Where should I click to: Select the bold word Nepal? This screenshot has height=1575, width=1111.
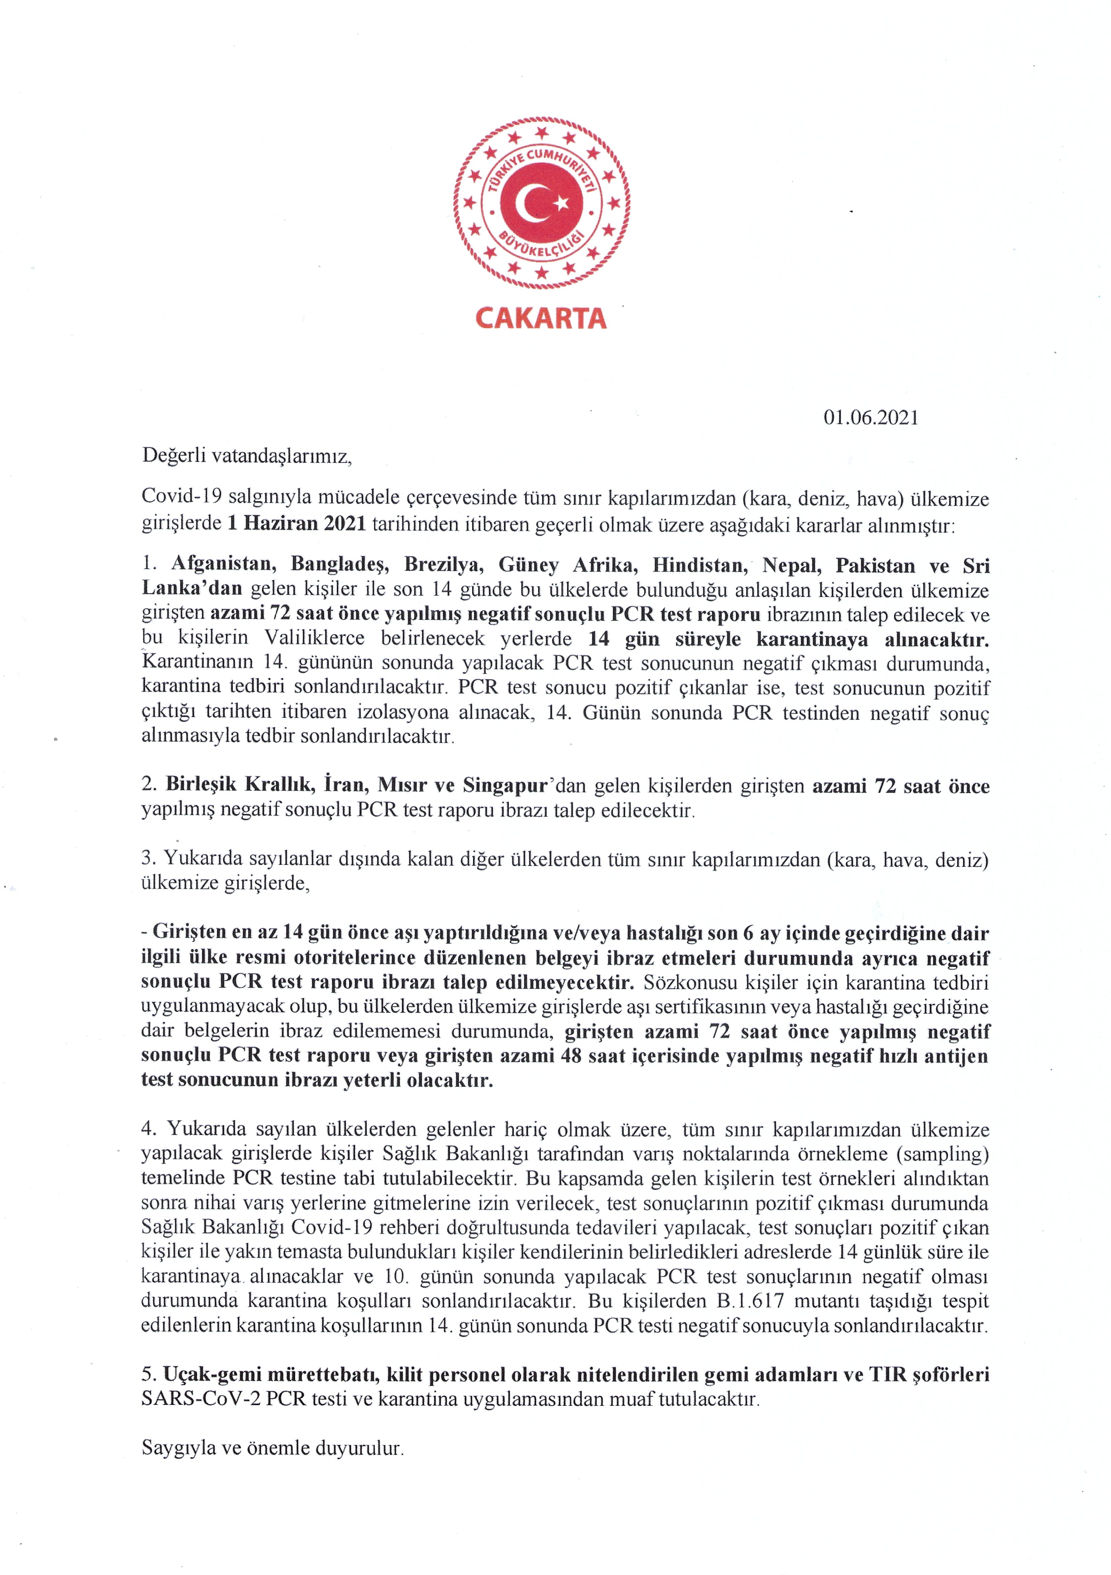click(x=789, y=565)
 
